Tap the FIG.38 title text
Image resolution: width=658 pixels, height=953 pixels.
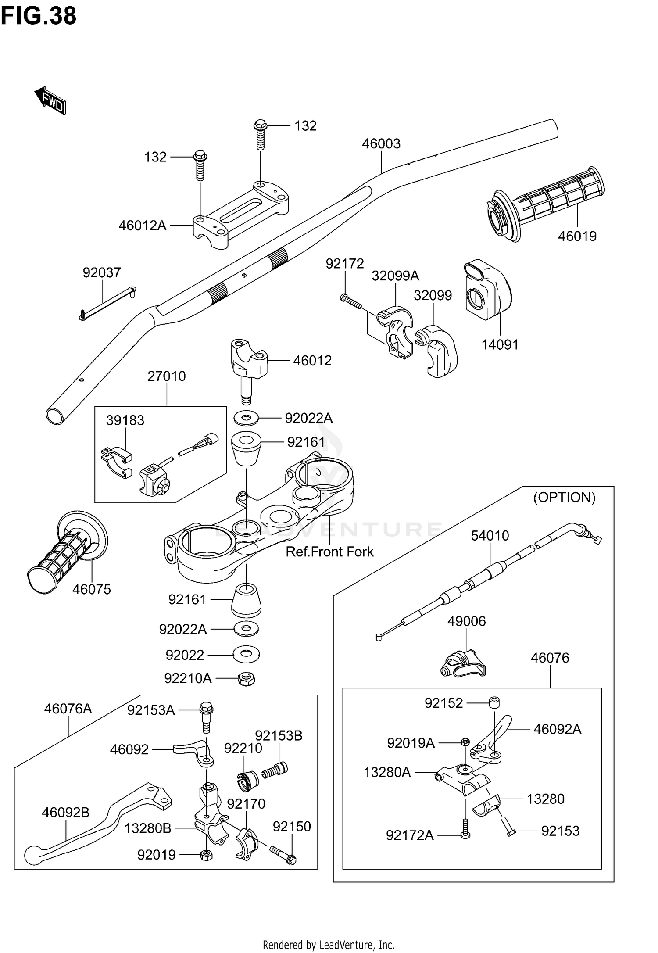click(39, 17)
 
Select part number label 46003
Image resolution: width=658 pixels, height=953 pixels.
click(381, 144)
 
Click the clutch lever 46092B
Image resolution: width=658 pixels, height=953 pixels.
click(92, 820)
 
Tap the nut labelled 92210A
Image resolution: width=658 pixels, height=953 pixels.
click(247, 679)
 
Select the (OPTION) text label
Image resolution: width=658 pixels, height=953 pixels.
click(564, 498)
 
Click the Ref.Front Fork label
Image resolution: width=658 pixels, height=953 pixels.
click(329, 552)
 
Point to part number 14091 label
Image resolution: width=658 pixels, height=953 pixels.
click(500, 345)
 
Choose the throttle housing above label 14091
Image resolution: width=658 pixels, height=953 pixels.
click(487, 290)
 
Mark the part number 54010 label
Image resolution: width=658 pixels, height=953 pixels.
click(490, 536)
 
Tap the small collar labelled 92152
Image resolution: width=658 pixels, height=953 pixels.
click(494, 702)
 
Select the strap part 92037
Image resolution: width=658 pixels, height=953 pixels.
click(107, 302)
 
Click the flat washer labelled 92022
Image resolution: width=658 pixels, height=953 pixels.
click(247, 655)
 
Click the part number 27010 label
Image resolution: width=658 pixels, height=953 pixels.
click(166, 376)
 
